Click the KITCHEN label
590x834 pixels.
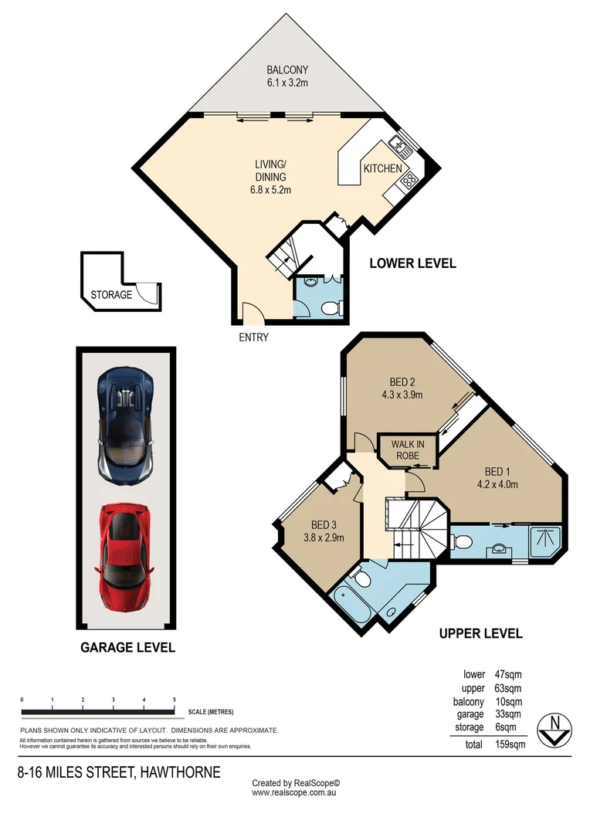[x=383, y=168]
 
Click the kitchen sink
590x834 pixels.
[x=400, y=142]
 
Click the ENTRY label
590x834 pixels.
[x=253, y=337]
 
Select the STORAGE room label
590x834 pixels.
[x=111, y=294]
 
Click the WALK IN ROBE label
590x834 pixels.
[x=406, y=450]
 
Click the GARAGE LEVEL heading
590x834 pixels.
[x=127, y=647]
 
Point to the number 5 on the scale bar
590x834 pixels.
[x=175, y=699]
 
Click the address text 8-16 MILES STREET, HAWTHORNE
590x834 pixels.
[x=120, y=772]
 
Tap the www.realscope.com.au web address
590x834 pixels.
[x=295, y=792]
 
